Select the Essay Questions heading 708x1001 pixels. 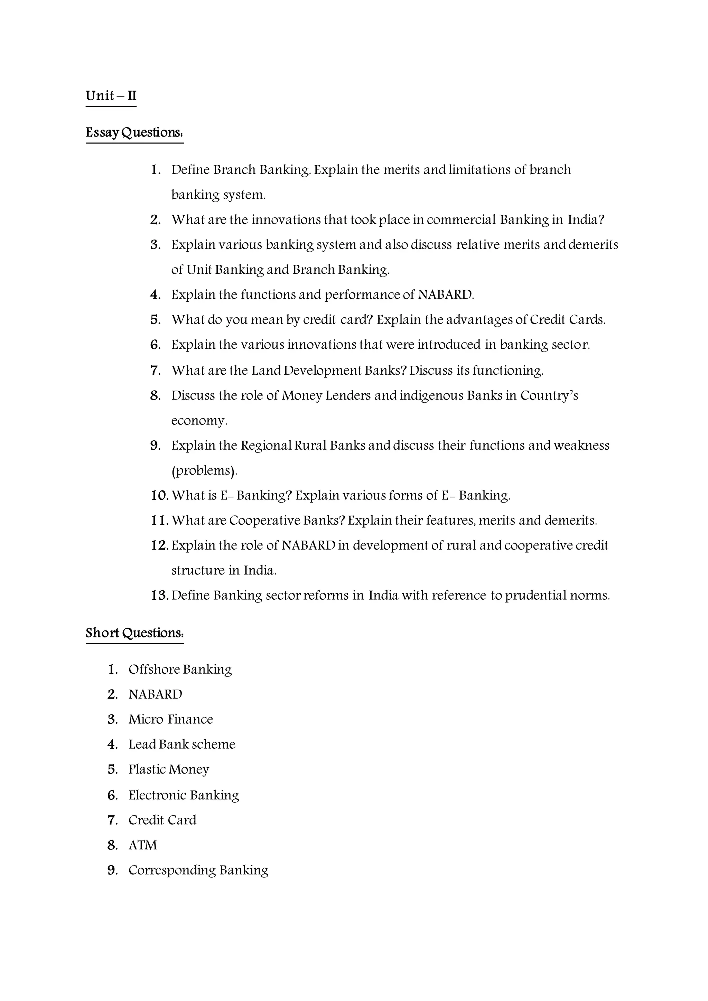(134, 132)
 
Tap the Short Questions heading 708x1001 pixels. (134, 633)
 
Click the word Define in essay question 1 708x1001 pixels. (190, 170)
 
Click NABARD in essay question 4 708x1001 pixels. (446, 295)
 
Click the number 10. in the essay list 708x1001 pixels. (160, 496)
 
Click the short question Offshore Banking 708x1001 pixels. (180, 669)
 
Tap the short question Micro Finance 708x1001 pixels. (170, 719)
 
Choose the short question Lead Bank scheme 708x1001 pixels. (182, 744)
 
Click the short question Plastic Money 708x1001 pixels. (169, 769)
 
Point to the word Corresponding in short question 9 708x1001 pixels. (172, 870)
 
